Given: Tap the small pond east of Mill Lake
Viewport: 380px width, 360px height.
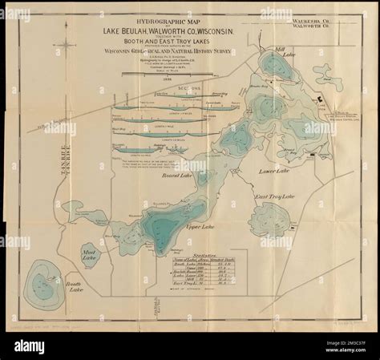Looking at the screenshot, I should [x=325, y=79].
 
